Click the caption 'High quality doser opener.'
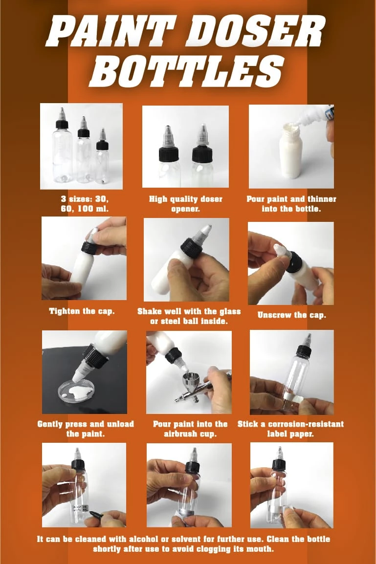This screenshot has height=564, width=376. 185,204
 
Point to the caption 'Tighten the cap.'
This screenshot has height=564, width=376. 82,311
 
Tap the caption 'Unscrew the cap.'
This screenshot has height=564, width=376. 291,315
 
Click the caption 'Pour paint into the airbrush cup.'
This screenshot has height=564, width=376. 190,429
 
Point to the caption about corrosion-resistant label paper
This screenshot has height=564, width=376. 290,429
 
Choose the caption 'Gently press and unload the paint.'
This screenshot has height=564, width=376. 85,429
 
